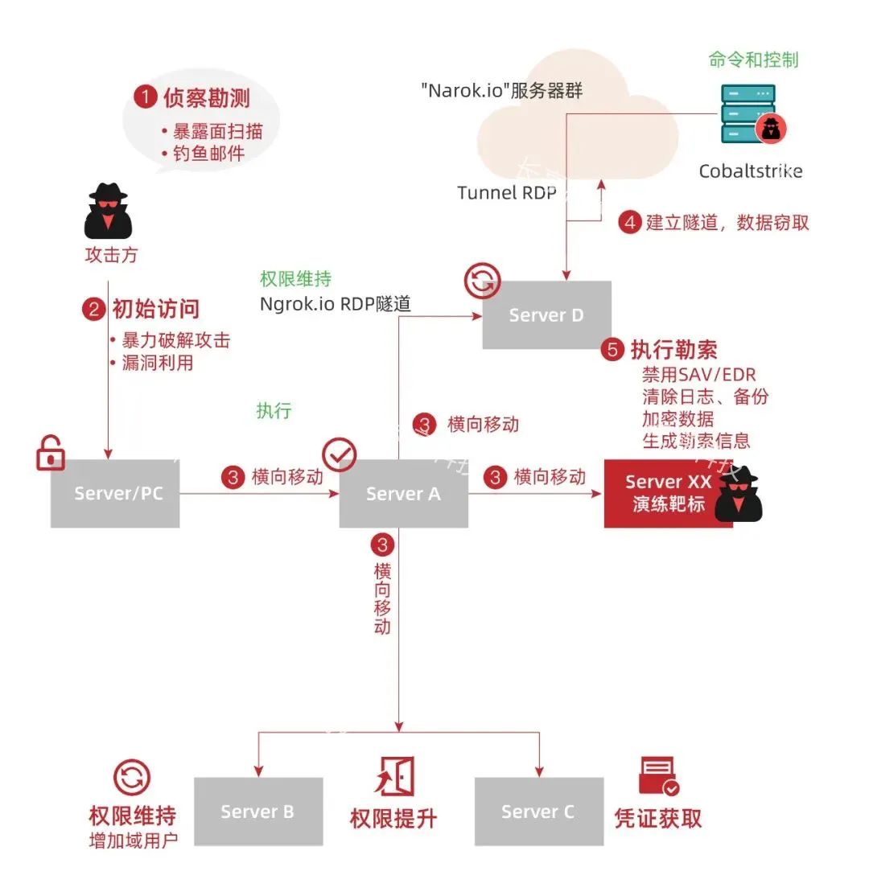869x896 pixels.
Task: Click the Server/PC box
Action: [x=115, y=493]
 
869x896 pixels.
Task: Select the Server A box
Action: [x=403, y=493]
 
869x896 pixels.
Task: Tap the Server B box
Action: [x=257, y=811]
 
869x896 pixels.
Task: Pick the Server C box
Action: [x=538, y=811]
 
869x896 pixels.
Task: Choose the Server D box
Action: [x=546, y=314]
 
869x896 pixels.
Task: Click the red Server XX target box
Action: [x=668, y=493]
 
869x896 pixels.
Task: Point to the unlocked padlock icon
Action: [x=51, y=453]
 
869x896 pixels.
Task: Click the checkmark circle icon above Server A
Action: [x=339, y=454]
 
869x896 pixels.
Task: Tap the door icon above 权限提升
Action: [x=395, y=776]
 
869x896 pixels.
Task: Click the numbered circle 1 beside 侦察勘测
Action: [x=146, y=98]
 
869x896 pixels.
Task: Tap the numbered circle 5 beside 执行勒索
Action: [x=613, y=350]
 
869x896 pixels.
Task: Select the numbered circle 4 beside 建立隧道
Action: [x=629, y=223]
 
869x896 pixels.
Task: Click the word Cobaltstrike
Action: [x=750, y=171]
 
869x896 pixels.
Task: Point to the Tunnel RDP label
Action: [x=506, y=193]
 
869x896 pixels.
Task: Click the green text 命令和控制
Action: [x=753, y=60]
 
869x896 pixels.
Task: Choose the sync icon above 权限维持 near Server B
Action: [x=131, y=778]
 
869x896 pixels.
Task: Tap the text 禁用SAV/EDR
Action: [x=698, y=374]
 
